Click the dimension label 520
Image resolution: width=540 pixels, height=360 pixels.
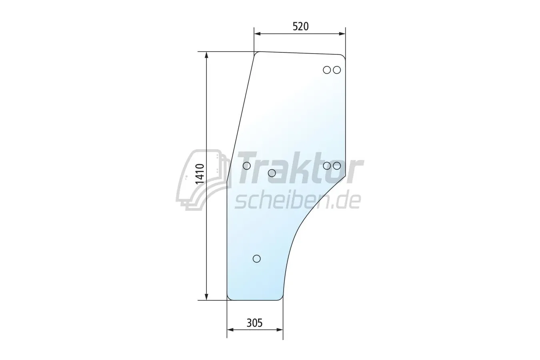coord(301,26)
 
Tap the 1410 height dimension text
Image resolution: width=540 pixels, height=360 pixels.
coord(200,174)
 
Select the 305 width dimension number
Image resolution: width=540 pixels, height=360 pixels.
coord(254,323)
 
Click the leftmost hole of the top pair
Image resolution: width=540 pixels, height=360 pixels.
coord(327,70)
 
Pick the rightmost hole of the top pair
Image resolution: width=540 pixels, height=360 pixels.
coord(337,70)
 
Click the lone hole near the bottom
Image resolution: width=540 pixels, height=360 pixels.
coord(257,258)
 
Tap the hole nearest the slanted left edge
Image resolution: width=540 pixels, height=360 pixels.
coord(247,166)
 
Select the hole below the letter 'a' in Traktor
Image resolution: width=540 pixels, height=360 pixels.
coord(272,173)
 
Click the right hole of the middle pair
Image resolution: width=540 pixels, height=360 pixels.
coord(337,166)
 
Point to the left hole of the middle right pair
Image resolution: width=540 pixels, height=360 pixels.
coord(327,166)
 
